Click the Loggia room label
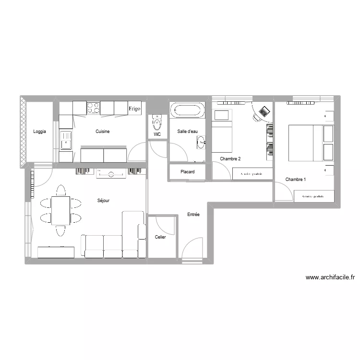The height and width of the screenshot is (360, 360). [x=40, y=132]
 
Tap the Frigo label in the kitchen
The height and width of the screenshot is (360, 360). [x=134, y=109]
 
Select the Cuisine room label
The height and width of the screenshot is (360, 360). [x=103, y=132]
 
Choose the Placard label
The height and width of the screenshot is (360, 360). [x=187, y=172]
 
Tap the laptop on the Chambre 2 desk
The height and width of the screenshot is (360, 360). [x=263, y=112]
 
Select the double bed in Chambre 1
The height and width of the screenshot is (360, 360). [x=311, y=143]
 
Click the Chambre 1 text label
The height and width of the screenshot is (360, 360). [x=295, y=180]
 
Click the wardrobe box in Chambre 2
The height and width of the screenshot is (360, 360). [x=252, y=174]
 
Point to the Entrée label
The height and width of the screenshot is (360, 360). [x=193, y=215]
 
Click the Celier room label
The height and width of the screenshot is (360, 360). [x=160, y=237]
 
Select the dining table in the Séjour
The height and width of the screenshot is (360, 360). [x=60, y=210]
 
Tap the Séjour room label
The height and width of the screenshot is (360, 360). [x=103, y=201]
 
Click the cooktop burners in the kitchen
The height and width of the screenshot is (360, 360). [x=93, y=108]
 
